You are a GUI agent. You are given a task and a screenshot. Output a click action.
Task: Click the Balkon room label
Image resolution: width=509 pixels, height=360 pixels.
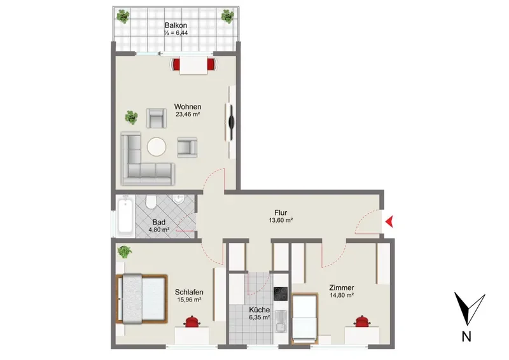tap(176, 25)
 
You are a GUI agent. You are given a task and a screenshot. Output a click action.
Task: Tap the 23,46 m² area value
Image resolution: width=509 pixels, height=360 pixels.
tap(188, 114)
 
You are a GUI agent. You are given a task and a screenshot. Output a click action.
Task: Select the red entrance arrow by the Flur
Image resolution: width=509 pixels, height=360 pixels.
tap(389, 222)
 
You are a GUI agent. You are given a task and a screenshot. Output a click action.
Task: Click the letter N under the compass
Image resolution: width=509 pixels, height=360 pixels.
tap(466, 336)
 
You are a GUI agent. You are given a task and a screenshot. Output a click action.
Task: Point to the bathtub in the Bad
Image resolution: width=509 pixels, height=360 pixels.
tap(125, 215)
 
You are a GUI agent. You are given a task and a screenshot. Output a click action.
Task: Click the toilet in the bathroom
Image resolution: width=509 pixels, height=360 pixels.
tap(151, 202)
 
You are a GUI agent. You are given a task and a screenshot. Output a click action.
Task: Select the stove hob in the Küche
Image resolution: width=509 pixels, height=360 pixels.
tap(281, 294)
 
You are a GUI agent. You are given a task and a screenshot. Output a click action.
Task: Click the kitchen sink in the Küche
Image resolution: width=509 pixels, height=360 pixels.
tap(281, 321)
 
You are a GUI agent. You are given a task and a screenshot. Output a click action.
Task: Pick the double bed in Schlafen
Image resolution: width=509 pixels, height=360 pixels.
tap(142, 299)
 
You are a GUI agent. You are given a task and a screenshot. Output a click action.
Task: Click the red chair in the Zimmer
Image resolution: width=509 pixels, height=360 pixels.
tap(362, 321)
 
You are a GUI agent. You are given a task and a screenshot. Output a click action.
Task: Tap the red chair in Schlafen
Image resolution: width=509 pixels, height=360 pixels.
tap(193, 321)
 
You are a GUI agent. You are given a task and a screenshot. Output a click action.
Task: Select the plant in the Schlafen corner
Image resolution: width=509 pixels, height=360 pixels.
tap(124, 252)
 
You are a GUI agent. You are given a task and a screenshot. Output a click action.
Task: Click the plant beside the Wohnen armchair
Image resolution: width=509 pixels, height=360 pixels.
tap(131, 117)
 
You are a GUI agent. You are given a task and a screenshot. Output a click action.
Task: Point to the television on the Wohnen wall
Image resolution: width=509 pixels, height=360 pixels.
tap(230, 122)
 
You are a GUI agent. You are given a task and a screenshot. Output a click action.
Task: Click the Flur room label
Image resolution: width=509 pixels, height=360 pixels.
tap(281, 212)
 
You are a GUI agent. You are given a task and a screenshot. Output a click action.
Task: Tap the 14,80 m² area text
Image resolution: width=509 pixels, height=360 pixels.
tap(342, 295)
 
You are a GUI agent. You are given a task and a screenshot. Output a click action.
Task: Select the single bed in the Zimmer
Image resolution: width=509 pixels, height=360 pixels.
tap(305, 319)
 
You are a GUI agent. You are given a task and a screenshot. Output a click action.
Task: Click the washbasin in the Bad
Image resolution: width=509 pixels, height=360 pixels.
tap(178, 198)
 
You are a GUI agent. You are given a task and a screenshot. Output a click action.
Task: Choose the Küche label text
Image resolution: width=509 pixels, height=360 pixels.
tap(260, 310)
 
